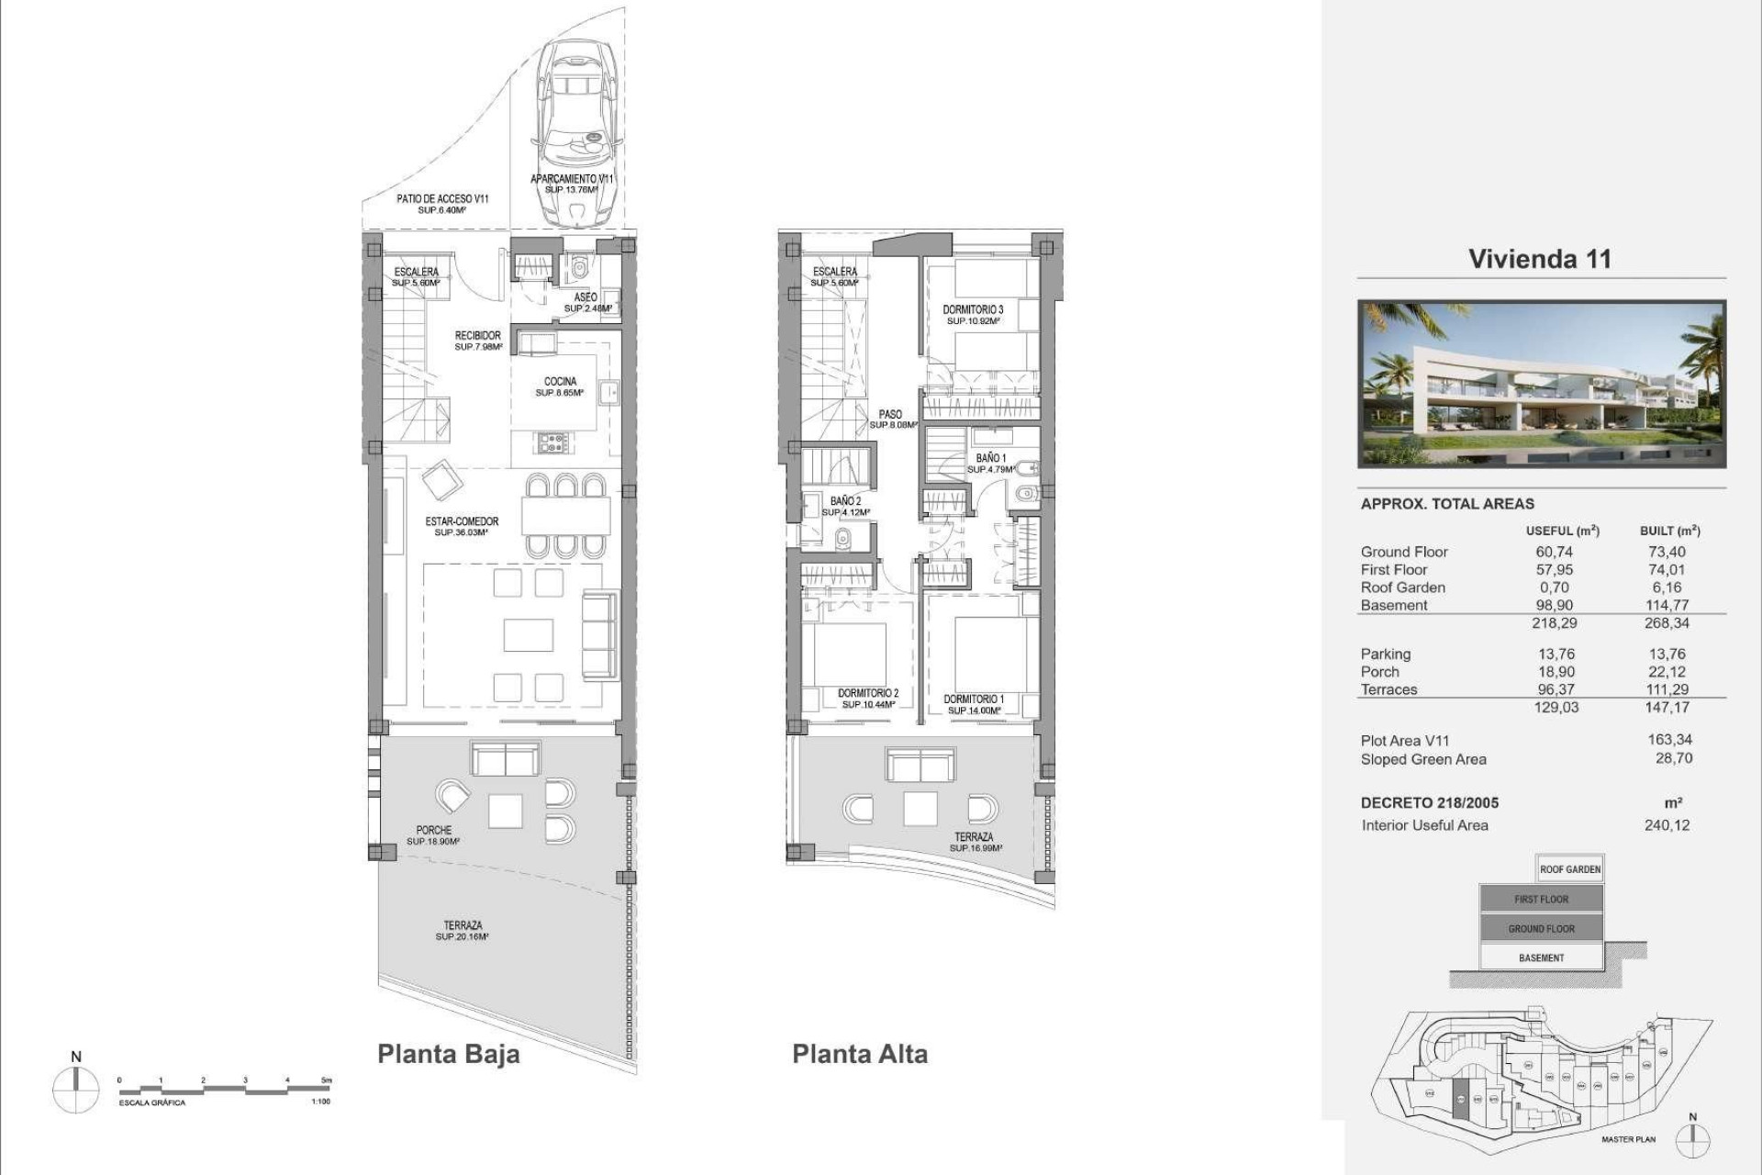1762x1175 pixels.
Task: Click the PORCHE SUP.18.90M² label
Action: pyautogui.click(x=434, y=835)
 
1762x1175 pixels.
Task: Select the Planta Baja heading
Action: pyautogui.click(x=448, y=1054)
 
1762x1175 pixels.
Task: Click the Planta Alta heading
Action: pyautogui.click(x=860, y=1054)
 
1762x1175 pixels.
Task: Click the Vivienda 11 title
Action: pyautogui.click(x=1540, y=259)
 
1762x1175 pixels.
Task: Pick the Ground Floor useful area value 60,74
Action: pyautogui.click(x=1554, y=552)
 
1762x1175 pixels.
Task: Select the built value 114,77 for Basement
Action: pyautogui.click(x=1667, y=605)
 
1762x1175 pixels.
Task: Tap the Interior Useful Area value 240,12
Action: pyautogui.click(x=1667, y=825)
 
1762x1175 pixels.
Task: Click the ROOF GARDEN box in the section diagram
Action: pyautogui.click(x=1570, y=869)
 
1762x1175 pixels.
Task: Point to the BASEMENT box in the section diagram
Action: pyautogui.click(x=1541, y=957)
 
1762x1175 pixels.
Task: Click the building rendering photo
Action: pyautogui.click(x=1542, y=384)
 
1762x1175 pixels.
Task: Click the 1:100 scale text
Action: pyautogui.click(x=320, y=1102)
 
